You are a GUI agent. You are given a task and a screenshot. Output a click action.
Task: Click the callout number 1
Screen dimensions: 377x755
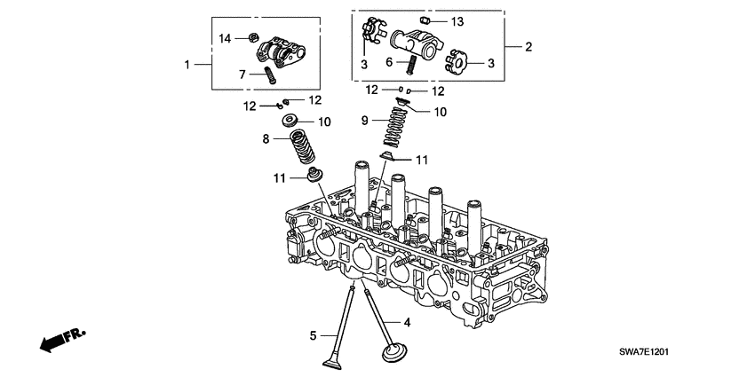click(187, 64)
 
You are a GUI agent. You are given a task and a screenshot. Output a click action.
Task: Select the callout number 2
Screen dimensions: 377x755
click(528, 46)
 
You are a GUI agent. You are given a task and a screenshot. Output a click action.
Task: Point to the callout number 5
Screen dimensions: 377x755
click(313, 335)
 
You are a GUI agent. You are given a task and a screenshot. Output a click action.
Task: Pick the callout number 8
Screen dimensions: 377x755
click(266, 138)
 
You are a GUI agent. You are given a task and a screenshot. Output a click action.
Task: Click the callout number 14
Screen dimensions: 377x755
click(225, 37)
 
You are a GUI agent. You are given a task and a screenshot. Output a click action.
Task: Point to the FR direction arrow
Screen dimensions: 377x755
click(60, 338)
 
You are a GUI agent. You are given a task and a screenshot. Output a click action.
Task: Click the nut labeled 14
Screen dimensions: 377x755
click(252, 38)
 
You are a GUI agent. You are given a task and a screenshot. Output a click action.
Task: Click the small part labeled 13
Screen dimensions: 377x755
click(425, 20)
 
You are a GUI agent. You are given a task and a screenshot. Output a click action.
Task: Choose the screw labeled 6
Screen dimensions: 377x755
click(411, 65)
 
